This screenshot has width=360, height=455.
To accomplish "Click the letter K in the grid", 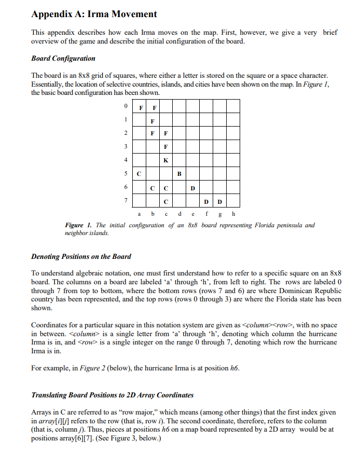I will click(x=165, y=160).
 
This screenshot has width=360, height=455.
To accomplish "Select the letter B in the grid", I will click(x=179, y=173).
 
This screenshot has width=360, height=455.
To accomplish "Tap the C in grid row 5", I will click(x=139, y=173).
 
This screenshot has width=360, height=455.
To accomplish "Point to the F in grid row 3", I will click(x=165, y=147).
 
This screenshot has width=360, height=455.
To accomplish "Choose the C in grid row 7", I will click(x=165, y=201).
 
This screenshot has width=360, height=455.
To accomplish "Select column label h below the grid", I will click(x=233, y=213).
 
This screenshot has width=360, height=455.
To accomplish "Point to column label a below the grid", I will click(x=139, y=213).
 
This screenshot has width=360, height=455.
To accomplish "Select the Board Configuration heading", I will click(x=63, y=58).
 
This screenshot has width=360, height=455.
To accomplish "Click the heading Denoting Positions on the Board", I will click(x=81, y=256).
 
